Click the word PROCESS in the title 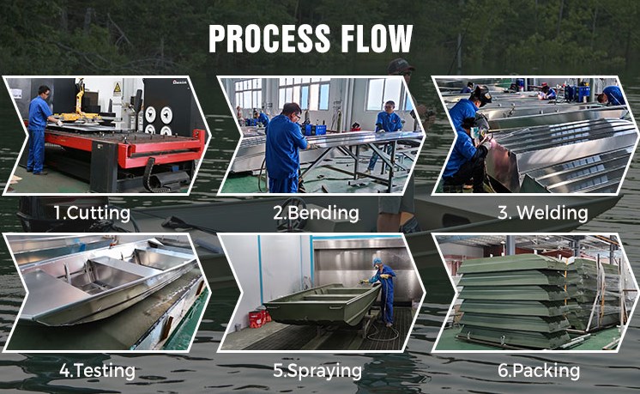(269, 39)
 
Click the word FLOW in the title (377, 39)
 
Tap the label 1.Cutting (93, 213)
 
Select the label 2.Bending (316, 213)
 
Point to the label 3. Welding (543, 213)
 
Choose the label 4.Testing (97, 371)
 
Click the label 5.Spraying (317, 371)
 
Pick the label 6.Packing (539, 371)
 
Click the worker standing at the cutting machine (39, 130)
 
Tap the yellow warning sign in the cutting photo (118, 88)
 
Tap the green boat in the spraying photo (323, 304)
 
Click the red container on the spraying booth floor (257, 318)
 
